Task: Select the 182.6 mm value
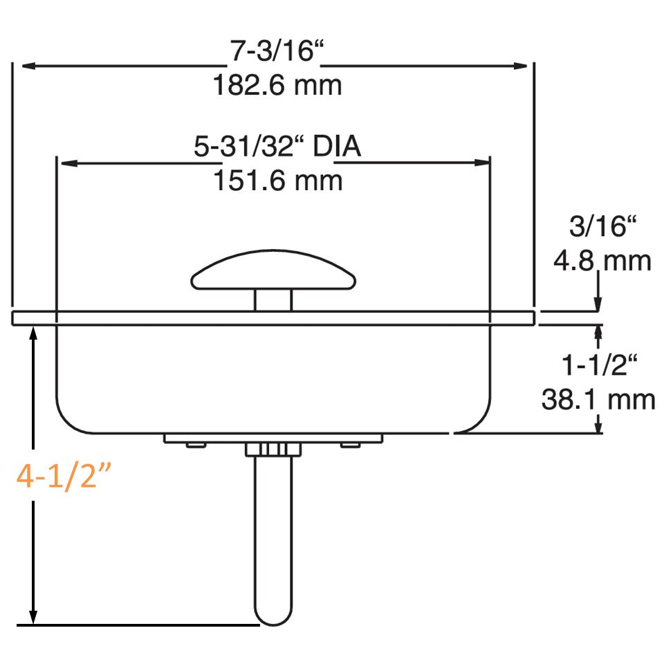point(277,86)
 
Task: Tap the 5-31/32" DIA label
point(277,148)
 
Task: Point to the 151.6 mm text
point(277,181)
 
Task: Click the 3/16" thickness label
point(602,228)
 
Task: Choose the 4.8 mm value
point(602,261)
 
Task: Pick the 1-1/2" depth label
point(598,365)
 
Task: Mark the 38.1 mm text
point(598,399)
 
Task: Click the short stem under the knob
point(273,300)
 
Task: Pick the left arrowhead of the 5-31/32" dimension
point(68,163)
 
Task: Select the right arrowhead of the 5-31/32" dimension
point(483,163)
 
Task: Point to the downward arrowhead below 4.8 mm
point(598,305)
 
